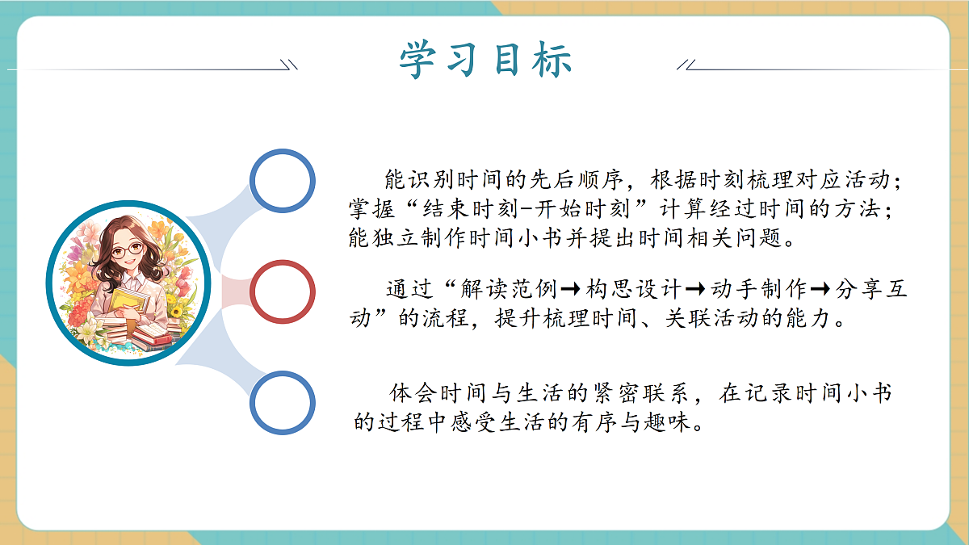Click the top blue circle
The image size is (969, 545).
click(282, 182)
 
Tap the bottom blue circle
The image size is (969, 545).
click(282, 402)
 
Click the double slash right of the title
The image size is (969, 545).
click(686, 64)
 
